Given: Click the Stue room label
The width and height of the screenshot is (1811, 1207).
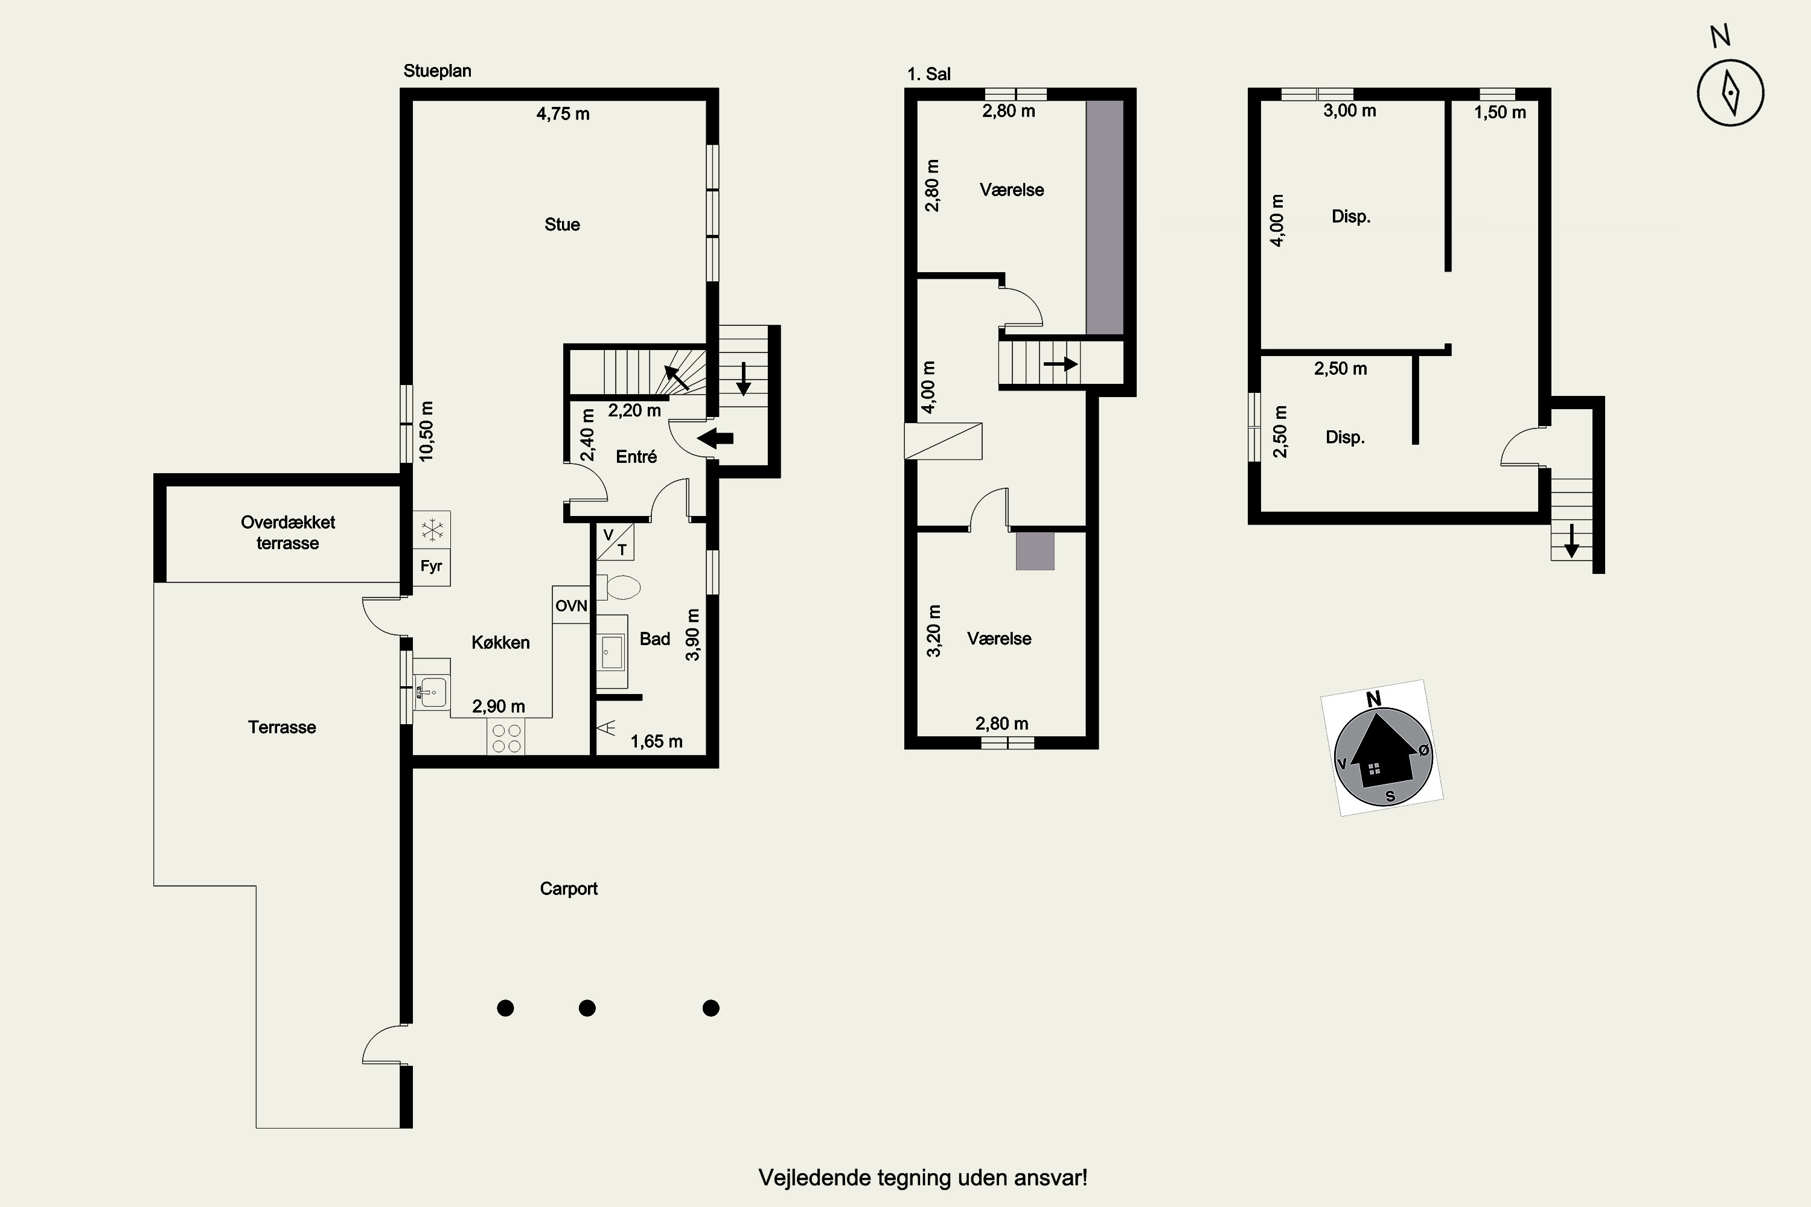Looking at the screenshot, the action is click(x=562, y=225).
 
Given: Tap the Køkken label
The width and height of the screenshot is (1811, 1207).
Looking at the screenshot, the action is click(x=500, y=643).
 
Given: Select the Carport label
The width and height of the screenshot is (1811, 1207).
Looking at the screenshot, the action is click(x=568, y=889).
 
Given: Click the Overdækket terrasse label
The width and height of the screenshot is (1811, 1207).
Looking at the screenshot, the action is click(x=288, y=533).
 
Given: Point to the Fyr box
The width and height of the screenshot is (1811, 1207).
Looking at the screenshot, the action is click(x=431, y=567).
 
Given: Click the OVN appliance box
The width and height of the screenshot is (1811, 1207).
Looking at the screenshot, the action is click(x=571, y=605).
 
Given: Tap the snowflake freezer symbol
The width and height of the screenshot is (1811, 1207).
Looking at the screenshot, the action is click(x=432, y=530).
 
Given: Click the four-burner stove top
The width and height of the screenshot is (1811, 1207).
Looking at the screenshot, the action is click(x=506, y=737).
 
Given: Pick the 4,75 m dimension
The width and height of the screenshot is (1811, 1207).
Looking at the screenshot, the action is click(x=563, y=114).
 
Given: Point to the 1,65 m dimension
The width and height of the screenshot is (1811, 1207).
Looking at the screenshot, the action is click(x=656, y=741).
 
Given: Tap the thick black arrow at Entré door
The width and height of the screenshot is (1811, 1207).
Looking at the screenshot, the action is click(x=715, y=439).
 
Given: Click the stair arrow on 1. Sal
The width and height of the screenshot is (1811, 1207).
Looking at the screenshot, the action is click(x=1060, y=363).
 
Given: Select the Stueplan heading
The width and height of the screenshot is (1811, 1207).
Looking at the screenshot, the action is click(x=437, y=71).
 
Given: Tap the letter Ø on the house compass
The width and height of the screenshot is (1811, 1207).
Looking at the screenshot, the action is click(x=1423, y=749).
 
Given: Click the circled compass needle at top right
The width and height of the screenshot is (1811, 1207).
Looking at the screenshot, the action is click(x=1730, y=92).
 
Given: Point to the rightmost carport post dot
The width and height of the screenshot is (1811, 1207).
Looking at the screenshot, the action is click(x=711, y=1008).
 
